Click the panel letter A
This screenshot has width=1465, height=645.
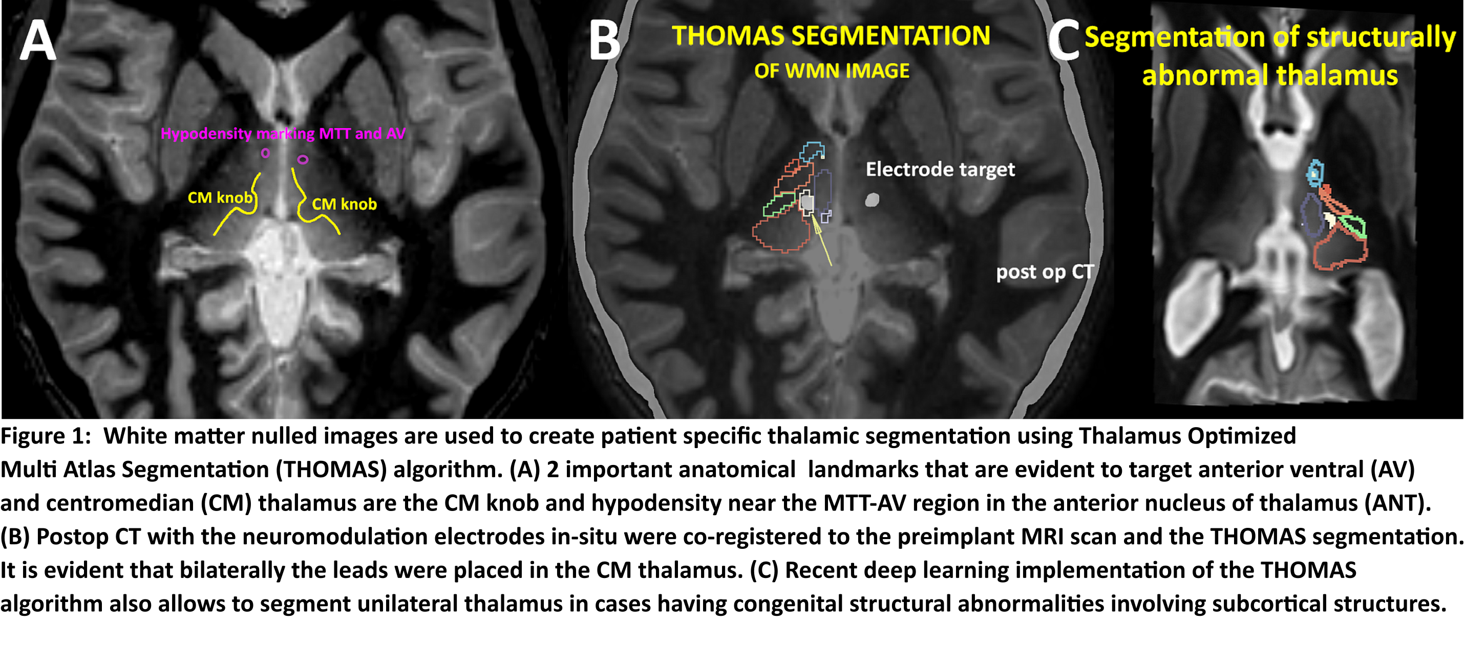(37, 40)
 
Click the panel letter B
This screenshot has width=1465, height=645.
(604, 40)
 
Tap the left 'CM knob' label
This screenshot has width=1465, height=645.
(220, 198)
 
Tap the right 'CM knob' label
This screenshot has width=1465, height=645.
(344, 205)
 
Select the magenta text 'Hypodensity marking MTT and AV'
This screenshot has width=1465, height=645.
(283, 134)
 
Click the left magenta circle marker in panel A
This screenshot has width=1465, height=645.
(265, 153)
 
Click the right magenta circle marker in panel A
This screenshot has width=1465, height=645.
(303, 160)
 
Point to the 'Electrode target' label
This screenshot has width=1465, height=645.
(940, 169)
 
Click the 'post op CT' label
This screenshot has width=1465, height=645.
(1045, 272)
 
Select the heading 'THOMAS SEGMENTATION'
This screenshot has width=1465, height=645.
(831, 36)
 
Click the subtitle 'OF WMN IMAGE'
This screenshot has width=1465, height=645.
(832, 71)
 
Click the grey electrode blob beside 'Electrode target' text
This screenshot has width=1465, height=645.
(872, 200)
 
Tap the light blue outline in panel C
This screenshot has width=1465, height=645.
(1314, 173)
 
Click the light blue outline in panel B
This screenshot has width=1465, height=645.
(812, 151)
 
